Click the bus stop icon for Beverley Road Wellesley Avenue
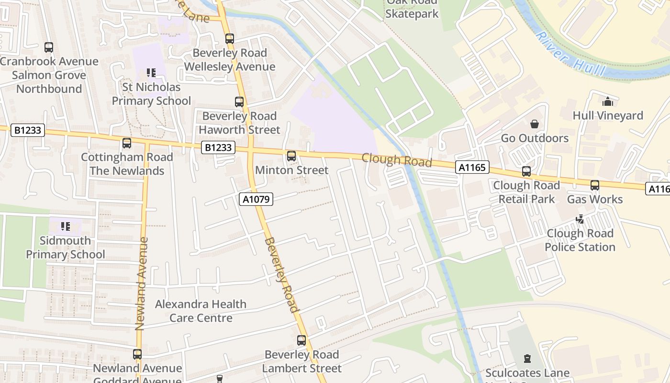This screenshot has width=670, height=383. coord(230,39)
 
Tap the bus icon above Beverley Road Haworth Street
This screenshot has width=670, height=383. coord(239,101)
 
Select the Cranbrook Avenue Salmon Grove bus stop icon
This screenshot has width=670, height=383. coord(49,47)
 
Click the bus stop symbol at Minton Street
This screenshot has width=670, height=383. coord(291,156)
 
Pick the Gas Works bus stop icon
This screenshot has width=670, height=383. coord(595,185)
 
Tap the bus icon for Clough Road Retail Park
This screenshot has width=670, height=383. coord(526,171)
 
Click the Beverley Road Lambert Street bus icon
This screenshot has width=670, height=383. coord(301,340)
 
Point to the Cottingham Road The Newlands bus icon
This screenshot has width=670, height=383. coord(127,143)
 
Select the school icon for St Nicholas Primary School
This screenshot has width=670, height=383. coord(151,73)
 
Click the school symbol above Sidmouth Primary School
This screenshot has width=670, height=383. coord(66,226)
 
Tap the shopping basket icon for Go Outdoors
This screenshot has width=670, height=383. coord(535,124)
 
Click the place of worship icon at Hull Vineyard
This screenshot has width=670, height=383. coord(608,101)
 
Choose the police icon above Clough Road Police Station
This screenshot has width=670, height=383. coord(580,219)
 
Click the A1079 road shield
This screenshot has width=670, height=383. coord(256,199)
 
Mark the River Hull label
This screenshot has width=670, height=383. coord(564,53)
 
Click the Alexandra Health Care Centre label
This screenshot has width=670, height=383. coord(201,311)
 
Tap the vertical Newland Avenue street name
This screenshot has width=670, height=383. coord(140,283)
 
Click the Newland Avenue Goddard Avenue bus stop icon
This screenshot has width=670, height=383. coord(137,354)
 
